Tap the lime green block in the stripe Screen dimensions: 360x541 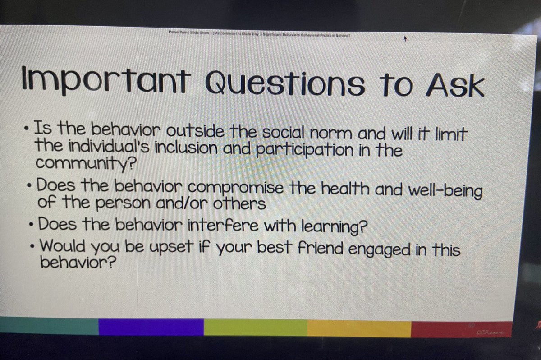[x=255, y=328]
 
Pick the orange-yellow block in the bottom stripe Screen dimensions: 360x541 [x=359, y=329]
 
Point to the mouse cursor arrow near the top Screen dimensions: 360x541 [x=405, y=39]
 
